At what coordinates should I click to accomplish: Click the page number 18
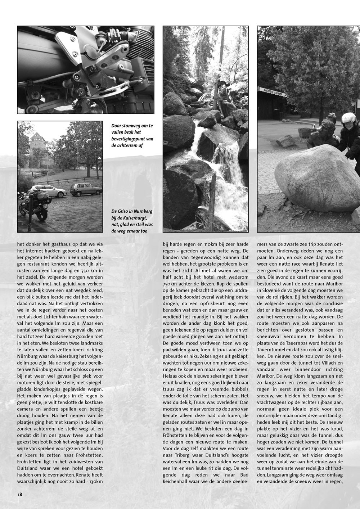pos(20,494)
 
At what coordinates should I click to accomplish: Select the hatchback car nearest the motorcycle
pos(48,191)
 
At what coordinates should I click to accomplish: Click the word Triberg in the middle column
pos(184,455)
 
